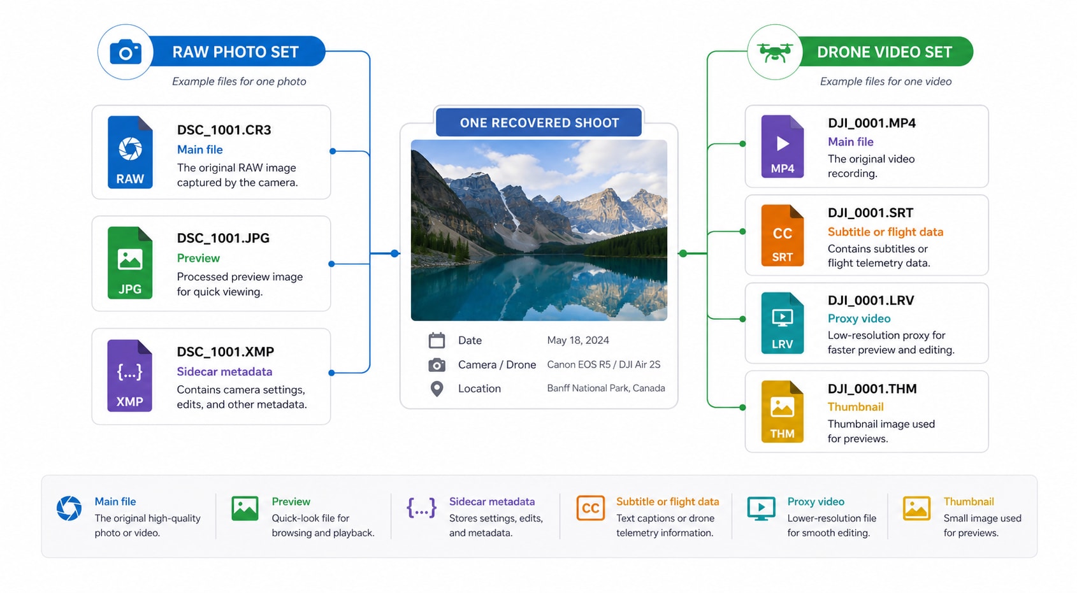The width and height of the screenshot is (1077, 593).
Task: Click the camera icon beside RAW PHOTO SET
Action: [x=126, y=52]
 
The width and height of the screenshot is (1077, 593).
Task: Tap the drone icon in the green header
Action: [x=774, y=52]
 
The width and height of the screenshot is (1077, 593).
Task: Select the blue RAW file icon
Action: [x=130, y=152]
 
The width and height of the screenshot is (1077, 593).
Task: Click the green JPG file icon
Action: [x=130, y=262]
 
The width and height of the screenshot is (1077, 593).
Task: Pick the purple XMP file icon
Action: [x=130, y=375]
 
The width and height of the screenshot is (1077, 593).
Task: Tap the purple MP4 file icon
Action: [x=783, y=146]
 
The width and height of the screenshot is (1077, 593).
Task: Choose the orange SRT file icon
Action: [x=783, y=235]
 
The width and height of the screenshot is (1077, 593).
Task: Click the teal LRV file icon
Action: [x=783, y=323]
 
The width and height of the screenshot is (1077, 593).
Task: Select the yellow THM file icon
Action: [x=783, y=411]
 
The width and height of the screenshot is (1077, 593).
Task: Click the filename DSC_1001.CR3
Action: [x=224, y=130]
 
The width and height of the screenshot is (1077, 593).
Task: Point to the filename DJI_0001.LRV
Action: [x=871, y=301]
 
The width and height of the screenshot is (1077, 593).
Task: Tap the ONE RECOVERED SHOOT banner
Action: [x=539, y=122]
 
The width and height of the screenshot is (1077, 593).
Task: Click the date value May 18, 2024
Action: [x=578, y=340]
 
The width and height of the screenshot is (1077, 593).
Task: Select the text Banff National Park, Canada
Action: [x=606, y=389]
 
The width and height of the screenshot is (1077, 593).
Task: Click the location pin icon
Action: [x=437, y=389]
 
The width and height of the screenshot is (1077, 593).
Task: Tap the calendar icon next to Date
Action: [x=437, y=340]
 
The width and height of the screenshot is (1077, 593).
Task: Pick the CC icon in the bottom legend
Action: [x=590, y=508]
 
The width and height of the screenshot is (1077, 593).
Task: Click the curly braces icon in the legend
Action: [x=421, y=508]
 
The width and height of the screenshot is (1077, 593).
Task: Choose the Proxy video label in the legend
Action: [x=816, y=502]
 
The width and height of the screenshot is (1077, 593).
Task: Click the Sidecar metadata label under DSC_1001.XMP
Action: [x=224, y=371]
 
